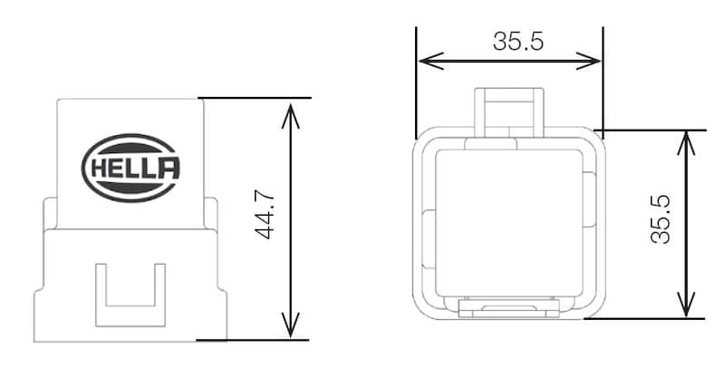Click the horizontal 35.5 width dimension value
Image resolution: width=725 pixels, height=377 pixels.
511,42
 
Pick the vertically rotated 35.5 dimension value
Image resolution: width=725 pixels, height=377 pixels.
661,222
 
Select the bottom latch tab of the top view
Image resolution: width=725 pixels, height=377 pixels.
509,310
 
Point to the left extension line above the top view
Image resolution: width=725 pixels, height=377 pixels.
416,82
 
